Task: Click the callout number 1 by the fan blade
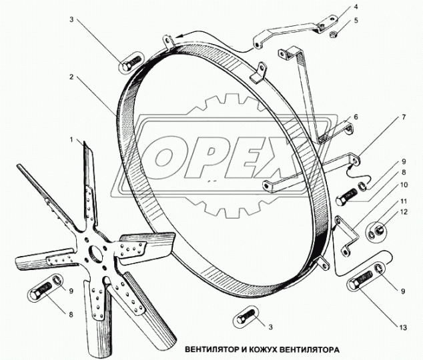pos(71,139)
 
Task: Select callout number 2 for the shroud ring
pos(71,77)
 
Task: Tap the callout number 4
pos(356,7)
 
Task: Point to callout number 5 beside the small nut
pos(356,20)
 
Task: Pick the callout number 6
pos(356,117)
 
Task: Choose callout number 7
pos(404,117)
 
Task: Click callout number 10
pos(404,185)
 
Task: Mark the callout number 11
pos(404,201)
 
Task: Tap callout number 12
pos(404,212)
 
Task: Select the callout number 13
pos(403,327)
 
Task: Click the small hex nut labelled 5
pos(333,34)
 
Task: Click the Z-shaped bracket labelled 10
pos(347,234)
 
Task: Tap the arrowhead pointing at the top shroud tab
pos(177,37)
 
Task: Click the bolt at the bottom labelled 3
pos(246,317)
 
